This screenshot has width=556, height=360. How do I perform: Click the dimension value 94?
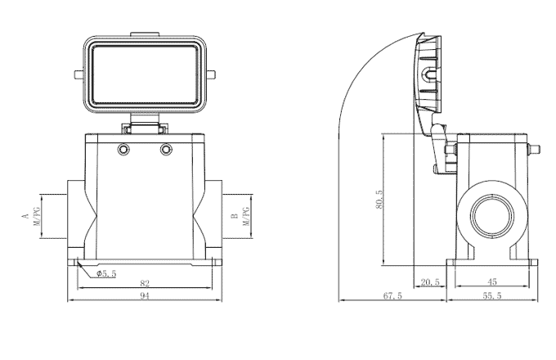pyautogui.click(x=144, y=295)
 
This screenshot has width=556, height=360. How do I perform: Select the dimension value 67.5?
pyautogui.click(x=392, y=295)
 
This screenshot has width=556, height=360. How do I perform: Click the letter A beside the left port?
pyautogui.click(x=25, y=218)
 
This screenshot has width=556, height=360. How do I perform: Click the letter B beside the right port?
pyautogui.click(x=234, y=218)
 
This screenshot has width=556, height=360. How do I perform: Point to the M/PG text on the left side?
pyautogui.click(x=37, y=218)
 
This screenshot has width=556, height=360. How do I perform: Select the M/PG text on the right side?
pyautogui.click(x=244, y=218)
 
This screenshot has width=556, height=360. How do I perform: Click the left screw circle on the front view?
pyautogui.click(x=123, y=150)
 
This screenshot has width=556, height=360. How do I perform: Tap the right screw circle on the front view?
pyautogui.click(x=167, y=150)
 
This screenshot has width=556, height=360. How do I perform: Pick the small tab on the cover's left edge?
pyautogui.click(x=78, y=78)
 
